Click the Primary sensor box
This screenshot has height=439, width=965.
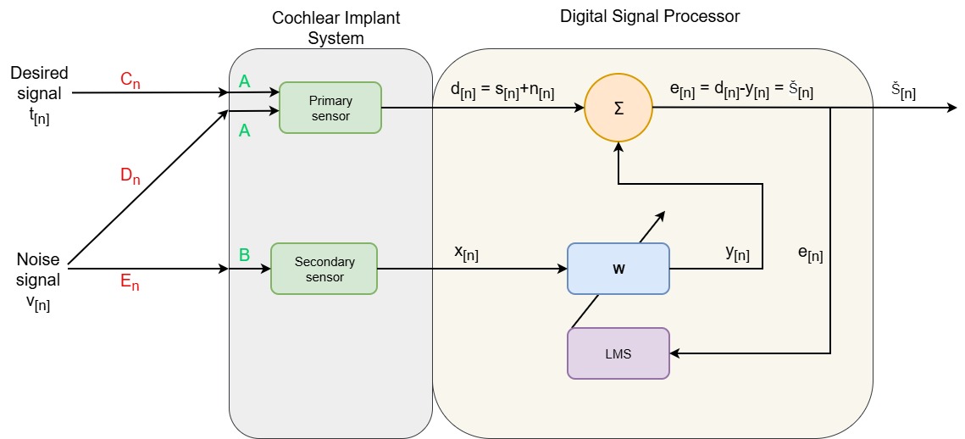pos(330,108)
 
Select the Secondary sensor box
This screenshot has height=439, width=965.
pos(324,269)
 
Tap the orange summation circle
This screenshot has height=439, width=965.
pos(618,108)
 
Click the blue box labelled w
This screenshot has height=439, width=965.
pos(618,269)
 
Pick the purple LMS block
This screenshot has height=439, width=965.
pos(618,353)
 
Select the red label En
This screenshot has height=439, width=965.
pos(130,283)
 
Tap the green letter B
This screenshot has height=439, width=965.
pos(244,253)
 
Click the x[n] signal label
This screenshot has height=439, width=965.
pos(466,253)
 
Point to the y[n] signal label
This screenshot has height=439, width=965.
pos(737,253)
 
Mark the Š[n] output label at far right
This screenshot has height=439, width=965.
pos(903,92)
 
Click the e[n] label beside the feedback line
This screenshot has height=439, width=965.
pos(810,253)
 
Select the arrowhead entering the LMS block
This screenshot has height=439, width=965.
pos(675,353)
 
